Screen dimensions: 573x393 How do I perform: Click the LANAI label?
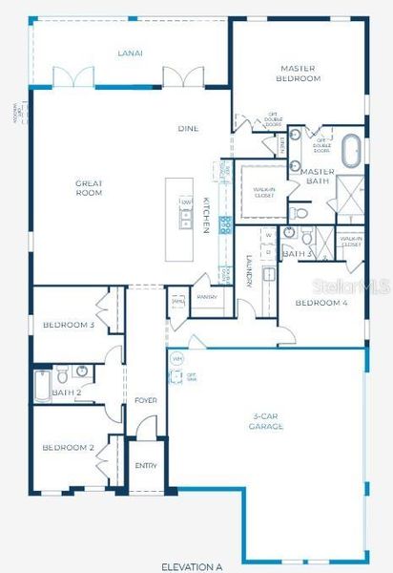point(130,53)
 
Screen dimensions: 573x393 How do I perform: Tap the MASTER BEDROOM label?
point(299,73)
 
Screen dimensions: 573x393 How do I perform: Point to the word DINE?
point(188,128)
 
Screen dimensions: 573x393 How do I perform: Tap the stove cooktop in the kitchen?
point(226,225)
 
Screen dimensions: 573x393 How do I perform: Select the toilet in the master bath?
point(300,212)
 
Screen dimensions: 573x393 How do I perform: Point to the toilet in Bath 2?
point(59,371)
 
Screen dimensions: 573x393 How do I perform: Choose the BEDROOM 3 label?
point(68,326)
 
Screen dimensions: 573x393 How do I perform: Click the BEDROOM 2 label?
point(67,447)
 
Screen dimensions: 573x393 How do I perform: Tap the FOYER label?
point(146,400)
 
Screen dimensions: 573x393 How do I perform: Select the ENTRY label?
point(146,466)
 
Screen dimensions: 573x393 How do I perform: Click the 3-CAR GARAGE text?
point(266,421)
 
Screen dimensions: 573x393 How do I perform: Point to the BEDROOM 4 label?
point(321,303)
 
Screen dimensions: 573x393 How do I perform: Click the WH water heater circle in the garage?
point(176,359)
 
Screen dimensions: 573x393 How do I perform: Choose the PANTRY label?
point(207,297)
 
